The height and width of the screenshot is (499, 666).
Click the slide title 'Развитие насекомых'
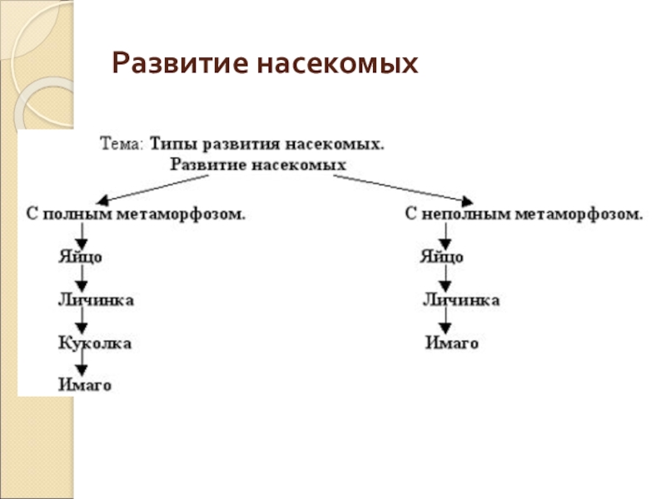coord(264,63)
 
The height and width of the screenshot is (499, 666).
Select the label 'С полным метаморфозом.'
coord(133,215)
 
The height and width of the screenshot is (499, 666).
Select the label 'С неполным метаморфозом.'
coord(524,215)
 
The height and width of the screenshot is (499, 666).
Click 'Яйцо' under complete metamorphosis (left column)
coord(80,257)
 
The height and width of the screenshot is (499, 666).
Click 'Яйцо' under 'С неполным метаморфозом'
coord(441,257)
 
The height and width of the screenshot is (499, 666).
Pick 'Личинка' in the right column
coord(461,299)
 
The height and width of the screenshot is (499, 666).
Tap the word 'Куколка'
coord(94,342)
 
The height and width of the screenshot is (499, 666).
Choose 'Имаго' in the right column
coord(451,343)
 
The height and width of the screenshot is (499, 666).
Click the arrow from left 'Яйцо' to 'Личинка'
coord(81,278)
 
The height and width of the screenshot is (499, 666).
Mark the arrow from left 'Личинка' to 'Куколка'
coord(81,320)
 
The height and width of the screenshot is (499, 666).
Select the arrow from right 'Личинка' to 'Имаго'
coord(446,321)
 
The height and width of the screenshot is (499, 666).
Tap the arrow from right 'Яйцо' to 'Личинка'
coord(446,278)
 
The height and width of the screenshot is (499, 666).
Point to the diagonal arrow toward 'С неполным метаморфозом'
coord(408,189)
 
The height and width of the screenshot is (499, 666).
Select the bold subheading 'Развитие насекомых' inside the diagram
coord(258,165)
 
